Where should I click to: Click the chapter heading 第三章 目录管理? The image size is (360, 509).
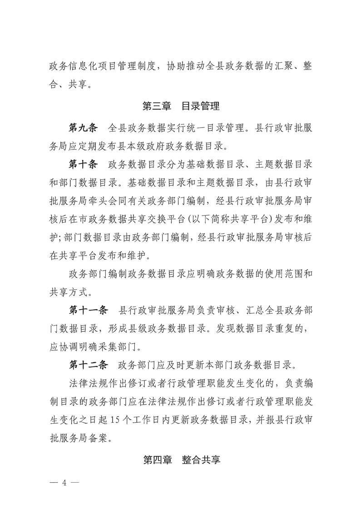(181, 107)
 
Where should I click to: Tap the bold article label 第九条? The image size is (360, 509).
(83, 127)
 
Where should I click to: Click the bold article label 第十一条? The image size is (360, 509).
(88, 311)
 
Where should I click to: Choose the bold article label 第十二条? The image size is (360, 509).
(88, 364)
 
